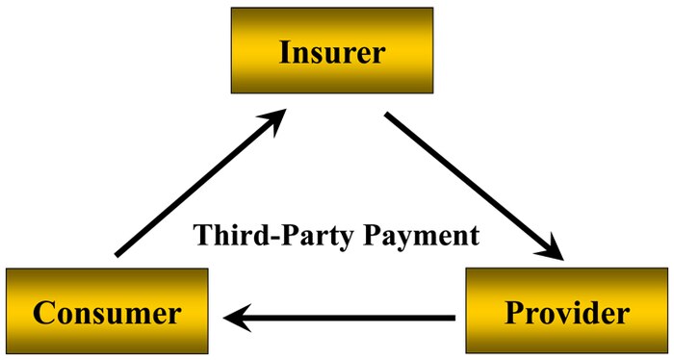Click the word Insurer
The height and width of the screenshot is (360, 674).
pos(332,52)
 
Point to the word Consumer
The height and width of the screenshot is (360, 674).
pos(107,312)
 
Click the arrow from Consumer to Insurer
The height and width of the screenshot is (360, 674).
pos(197,183)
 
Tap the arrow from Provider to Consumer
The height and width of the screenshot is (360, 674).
pos(341,315)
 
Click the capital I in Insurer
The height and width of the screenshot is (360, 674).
pos(285,52)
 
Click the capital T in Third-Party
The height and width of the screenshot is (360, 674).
pos(201,234)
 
